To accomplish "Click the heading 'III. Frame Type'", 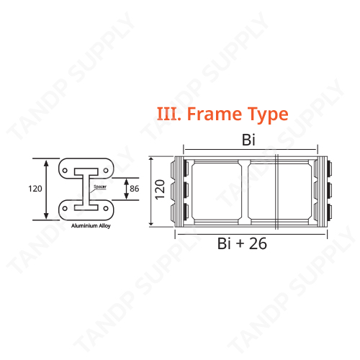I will pos(222,114).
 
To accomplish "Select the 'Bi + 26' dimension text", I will pos(242,244).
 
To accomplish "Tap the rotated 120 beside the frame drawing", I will pos(161,191).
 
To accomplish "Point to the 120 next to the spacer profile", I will pos(35,189).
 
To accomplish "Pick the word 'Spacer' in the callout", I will pos(100,185).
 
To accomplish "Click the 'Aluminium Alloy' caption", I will pos(90,226).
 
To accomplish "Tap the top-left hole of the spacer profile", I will pos(66,171).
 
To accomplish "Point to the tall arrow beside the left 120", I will pos(48,189).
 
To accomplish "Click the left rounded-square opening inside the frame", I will pos(214,192).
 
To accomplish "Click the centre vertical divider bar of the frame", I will pos(245,192).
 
